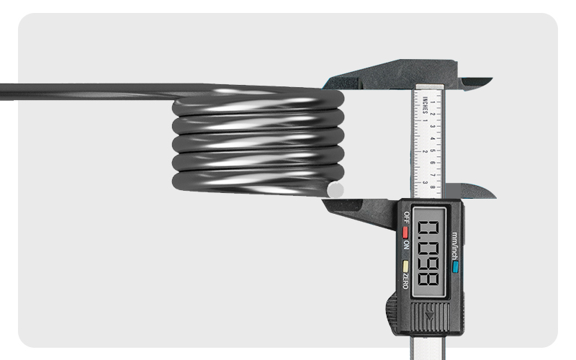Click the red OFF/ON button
406,233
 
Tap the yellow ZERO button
406,265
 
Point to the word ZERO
406,282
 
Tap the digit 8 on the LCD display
429,277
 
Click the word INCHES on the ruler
426,106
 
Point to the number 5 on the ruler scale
431,151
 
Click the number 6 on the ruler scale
431,163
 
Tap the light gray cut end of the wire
336,190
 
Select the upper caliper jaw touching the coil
360,79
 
